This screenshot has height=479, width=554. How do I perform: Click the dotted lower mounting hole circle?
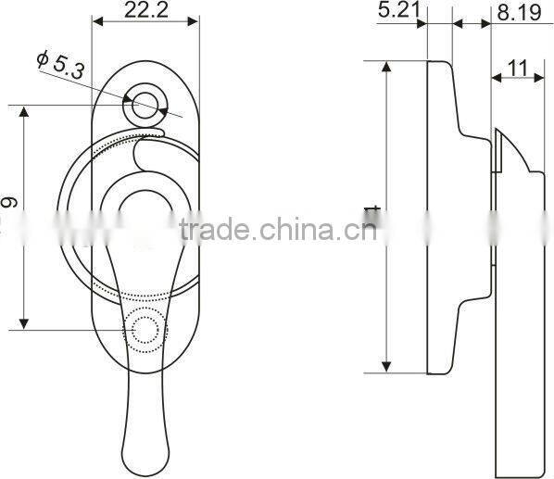[145, 329]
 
